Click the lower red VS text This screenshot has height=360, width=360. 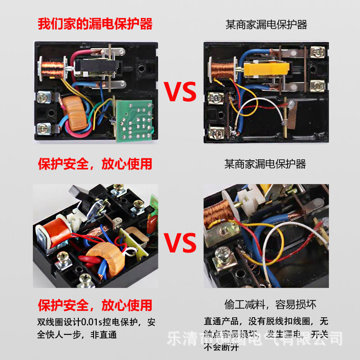pos(180,243)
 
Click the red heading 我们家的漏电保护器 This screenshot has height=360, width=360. pos(95,23)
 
